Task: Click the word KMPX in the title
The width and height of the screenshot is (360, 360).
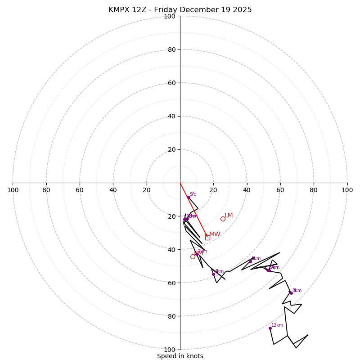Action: (x=119, y=10)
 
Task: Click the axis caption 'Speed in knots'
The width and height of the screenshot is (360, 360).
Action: (x=180, y=356)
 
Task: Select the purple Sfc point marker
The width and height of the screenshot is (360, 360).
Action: (x=189, y=197)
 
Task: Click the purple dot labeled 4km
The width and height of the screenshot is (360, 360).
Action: (x=213, y=274)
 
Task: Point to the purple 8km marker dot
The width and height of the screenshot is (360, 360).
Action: (x=291, y=293)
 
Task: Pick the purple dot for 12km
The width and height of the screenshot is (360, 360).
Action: (x=270, y=328)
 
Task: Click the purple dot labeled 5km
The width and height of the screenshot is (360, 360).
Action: (x=251, y=261)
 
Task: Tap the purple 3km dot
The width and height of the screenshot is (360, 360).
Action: (x=197, y=254)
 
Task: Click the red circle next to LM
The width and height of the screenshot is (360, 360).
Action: (x=223, y=219)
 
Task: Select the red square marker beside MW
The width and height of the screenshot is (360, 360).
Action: (x=207, y=237)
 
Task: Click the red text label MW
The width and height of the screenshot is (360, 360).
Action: (x=215, y=234)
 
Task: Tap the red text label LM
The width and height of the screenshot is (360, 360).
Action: (x=229, y=216)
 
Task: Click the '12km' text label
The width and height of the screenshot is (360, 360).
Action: (x=277, y=325)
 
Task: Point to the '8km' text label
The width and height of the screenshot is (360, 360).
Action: (x=297, y=290)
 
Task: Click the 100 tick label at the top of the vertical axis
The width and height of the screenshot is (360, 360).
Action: (x=170, y=16)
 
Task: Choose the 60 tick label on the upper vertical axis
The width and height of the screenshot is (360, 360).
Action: (x=171, y=83)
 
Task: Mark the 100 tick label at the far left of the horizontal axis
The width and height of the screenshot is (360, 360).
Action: (x=13, y=190)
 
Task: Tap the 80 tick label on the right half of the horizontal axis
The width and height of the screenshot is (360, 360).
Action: (x=314, y=190)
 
